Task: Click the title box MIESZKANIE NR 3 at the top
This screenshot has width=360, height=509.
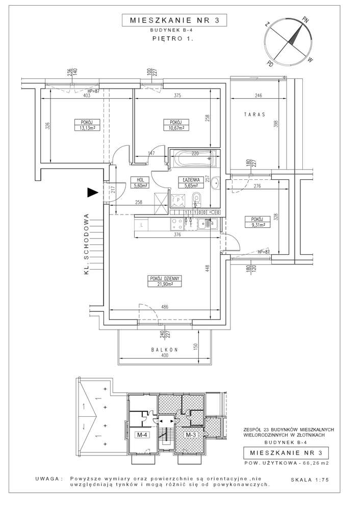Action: click(174, 20)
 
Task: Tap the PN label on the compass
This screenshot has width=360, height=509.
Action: click(305, 20)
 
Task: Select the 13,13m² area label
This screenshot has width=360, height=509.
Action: click(85, 128)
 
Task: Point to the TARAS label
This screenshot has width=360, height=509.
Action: click(254, 115)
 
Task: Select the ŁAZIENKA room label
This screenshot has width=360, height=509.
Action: click(191, 180)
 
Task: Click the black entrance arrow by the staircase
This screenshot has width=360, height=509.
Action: click(93, 192)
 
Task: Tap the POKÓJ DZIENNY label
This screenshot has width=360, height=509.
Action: click(164, 278)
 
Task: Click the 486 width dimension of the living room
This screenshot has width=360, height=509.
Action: click(165, 307)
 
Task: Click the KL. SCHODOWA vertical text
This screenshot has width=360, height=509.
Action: click(86, 244)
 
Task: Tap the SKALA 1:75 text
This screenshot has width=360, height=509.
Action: click(310, 479)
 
